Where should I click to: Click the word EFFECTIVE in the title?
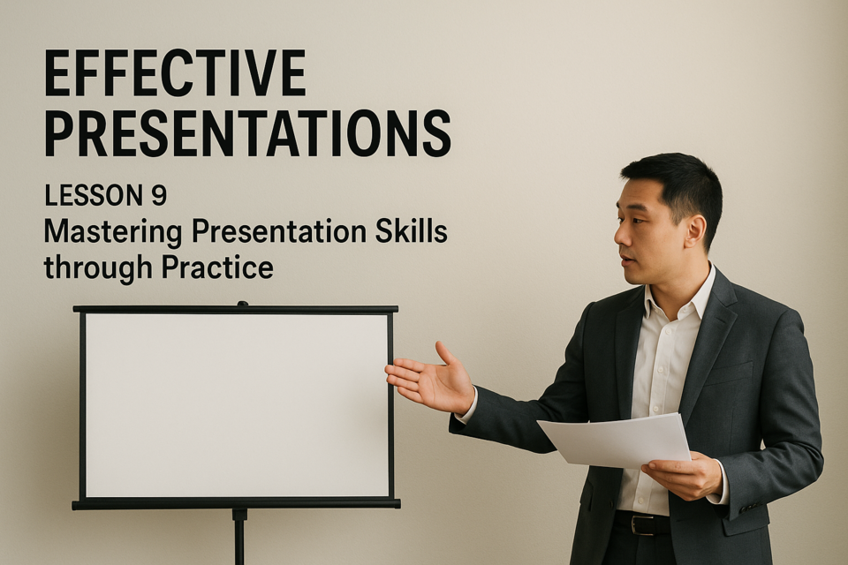(x=175, y=73)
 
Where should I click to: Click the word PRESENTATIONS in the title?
(x=247, y=133)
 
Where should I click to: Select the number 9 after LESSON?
(x=158, y=195)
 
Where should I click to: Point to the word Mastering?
(x=112, y=233)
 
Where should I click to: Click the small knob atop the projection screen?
(x=242, y=304)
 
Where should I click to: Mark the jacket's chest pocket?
(x=727, y=373)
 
